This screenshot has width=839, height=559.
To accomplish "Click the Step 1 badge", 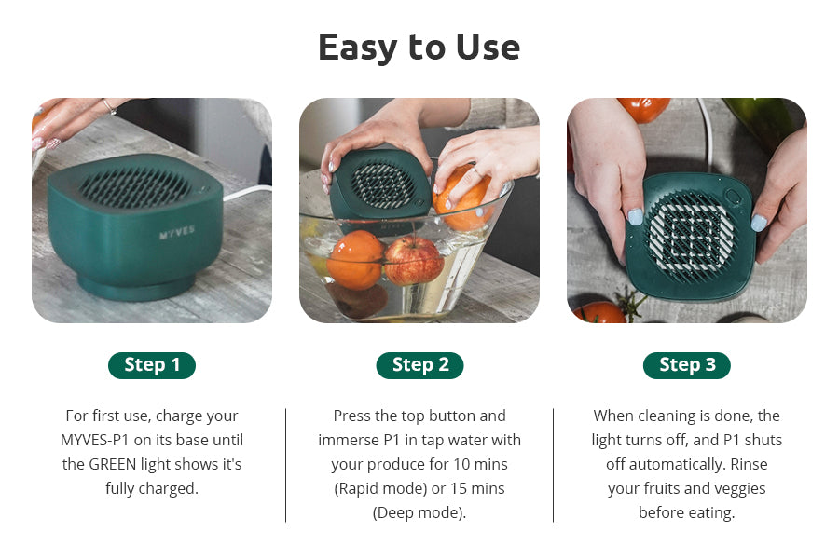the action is pyautogui.click(x=152, y=365).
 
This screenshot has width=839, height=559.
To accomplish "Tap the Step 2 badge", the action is pyautogui.click(x=420, y=365).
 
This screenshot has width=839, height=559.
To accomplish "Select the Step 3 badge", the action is pyautogui.click(x=687, y=365).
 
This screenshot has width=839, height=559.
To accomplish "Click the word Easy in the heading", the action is pyautogui.click(x=359, y=48).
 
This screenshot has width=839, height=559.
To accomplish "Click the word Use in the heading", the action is pyautogui.click(x=488, y=48).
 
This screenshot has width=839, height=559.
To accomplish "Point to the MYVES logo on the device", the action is pyautogui.click(x=177, y=232).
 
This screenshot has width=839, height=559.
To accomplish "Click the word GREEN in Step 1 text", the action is pyautogui.click(x=113, y=464).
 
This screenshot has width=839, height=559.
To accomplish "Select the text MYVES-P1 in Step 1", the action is pyautogui.click(x=95, y=440).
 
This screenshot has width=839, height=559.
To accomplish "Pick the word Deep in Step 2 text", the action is pyautogui.click(x=393, y=512).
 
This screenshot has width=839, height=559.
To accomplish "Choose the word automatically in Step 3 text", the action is pyautogui.click(x=678, y=464).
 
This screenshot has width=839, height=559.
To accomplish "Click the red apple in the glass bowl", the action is pyautogui.click(x=413, y=261).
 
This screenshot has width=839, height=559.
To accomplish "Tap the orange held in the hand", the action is pyautogui.click(x=462, y=197).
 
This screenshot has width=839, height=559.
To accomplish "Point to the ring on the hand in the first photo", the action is pyautogui.click(x=110, y=106).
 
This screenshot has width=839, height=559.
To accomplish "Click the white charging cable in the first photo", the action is pyautogui.click(x=247, y=193).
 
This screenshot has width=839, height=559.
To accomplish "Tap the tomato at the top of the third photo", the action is pyautogui.click(x=643, y=109).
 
